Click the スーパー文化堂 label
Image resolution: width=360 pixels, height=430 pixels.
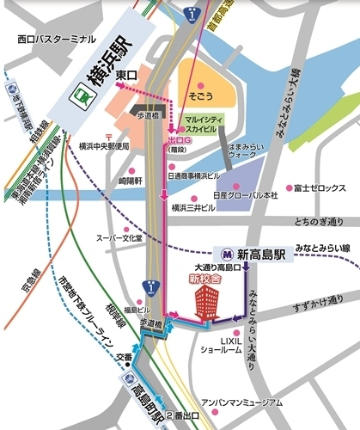coord(119,236)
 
